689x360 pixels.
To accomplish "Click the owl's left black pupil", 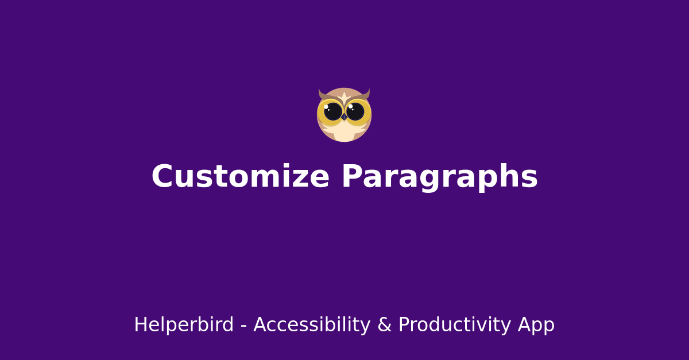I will click(x=333, y=111).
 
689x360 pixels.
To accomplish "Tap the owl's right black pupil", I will click(x=355, y=111).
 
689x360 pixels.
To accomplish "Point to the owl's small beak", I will click(x=344, y=117).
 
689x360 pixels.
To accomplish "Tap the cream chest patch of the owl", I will click(x=344, y=133).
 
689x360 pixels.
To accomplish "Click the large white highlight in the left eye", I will click(x=326, y=107).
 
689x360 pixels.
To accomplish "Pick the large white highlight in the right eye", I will click(x=350, y=106).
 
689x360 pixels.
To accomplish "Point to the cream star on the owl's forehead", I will click(x=344, y=96).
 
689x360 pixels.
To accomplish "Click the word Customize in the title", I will click(x=240, y=177).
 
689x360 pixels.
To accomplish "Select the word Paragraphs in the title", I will click(x=439, y=177).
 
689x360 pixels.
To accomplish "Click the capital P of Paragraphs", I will click(x=352, y=177).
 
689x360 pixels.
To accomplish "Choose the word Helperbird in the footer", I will click(x=184, y=325).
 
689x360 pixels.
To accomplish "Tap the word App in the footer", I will click(x=536, y=325).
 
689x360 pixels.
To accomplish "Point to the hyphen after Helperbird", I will click(x=243, y=326).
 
